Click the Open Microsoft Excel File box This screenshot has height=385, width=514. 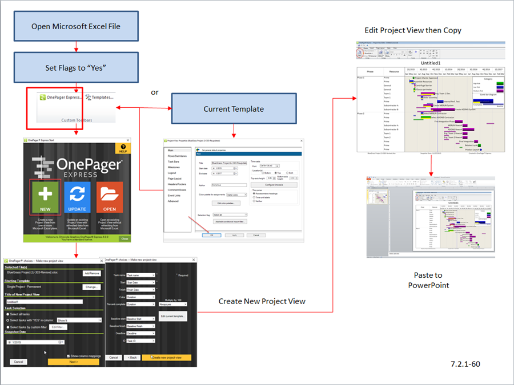pyautogui.click(x=76, y=26)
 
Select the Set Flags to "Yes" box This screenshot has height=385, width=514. pyautogui.click(x=76, y=68)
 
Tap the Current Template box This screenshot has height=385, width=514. pyautogui.click(x=233, y=108)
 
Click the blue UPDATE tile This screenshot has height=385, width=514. pyautogui.click(x=77, y=197)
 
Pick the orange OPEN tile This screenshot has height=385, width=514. pyautogui.click(x=110, y=197)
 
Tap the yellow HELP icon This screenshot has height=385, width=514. pyautogui.click(x=122, y=148)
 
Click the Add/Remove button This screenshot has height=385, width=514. pyautogui.click(x=91, y=274)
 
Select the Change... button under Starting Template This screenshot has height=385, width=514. pyautogui.click(x=92, y=287)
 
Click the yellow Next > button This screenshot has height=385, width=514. pyautogui.click(x=73, y=362)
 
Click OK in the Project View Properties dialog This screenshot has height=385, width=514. pyautogui.click(x=211, y=235)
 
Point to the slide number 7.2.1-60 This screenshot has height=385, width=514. pyautogui.click(x=465, y=363)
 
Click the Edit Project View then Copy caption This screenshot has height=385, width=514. pyautogui.click(x=413, y=30)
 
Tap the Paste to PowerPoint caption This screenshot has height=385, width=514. pyautogui.click(x=428, y=280)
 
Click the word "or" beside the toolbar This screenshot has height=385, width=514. pyautogui.click(x=155, y=92)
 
